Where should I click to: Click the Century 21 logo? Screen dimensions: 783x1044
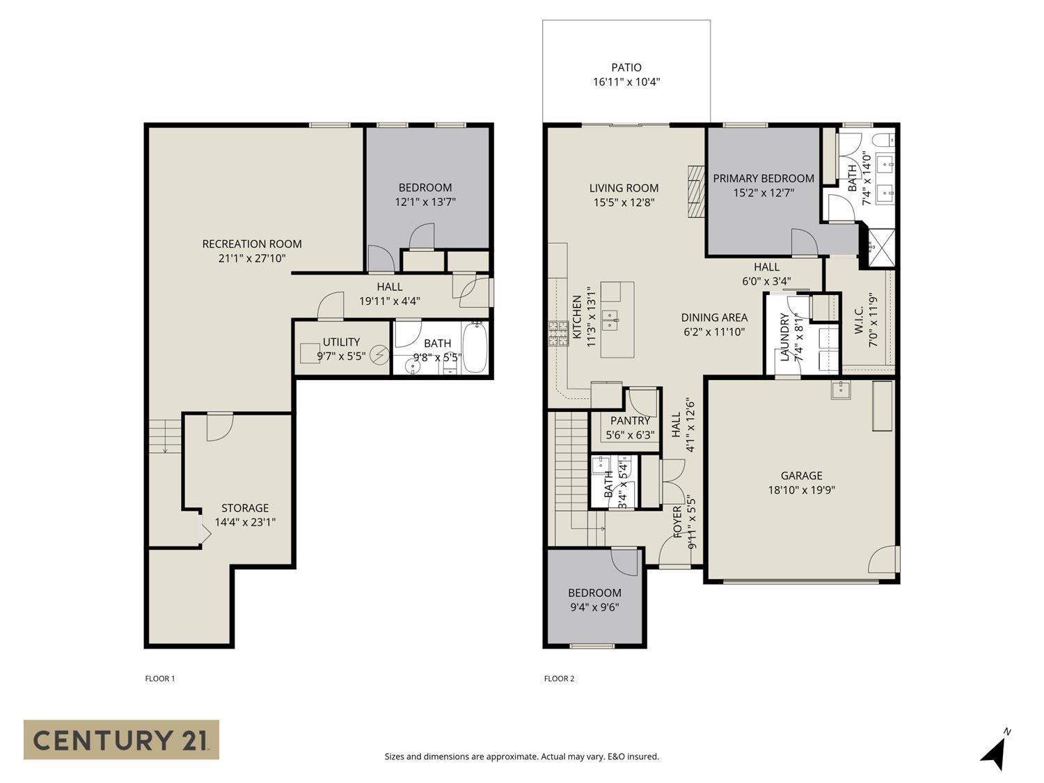(x=121, y=739)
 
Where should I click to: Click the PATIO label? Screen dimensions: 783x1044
(x=626, y=68)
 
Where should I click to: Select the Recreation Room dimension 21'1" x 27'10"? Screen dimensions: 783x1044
(x=252, y=258)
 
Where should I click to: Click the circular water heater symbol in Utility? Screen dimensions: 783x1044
(x=379, y=355)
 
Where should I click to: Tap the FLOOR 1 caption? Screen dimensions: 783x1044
(x=159, y=679)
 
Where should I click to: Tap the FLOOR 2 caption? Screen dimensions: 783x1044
(x=559, y=679)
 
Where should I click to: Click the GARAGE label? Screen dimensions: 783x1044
(x=801, y=475)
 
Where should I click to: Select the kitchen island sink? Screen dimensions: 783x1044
(x=611, y=319)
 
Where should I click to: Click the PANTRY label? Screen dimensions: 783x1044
(x=630, y=420)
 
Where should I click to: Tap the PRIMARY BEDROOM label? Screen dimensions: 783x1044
(x=764, y=178)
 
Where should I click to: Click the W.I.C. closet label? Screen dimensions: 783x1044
(x=859, y=320)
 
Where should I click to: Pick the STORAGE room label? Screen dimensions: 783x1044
(x=245, y=508)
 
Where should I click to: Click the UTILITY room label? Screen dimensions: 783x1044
(x=341, y=342)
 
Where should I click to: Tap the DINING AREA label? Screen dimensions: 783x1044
(x=714, y=317)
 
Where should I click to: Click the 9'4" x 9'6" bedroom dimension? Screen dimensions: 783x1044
(x=594, y=607)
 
